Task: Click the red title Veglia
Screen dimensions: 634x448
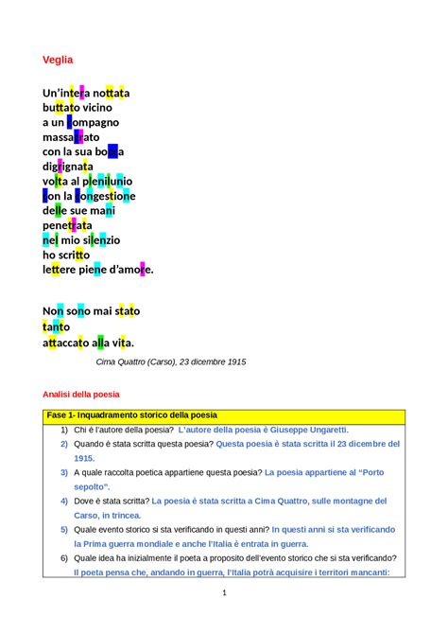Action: (58, 60)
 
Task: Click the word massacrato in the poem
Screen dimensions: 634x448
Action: (71, 137)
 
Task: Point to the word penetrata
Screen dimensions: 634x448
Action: (67, 225)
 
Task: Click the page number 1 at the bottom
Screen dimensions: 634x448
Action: (224, 593)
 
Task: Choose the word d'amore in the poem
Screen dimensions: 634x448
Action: (129, 270)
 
